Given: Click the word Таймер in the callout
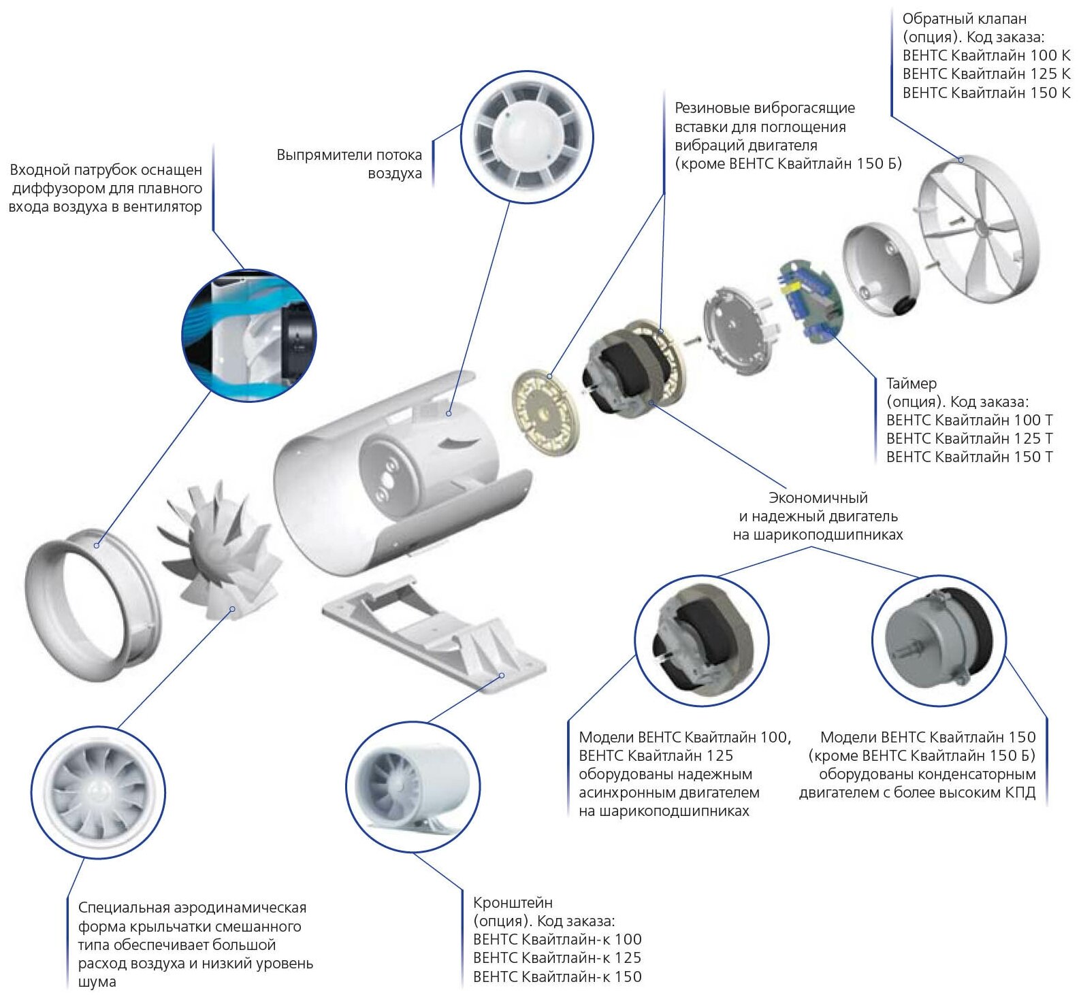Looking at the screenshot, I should point(911,383).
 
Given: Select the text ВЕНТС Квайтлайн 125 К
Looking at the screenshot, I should point(986,73).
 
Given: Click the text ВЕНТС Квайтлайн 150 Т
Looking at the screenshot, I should point(969,457).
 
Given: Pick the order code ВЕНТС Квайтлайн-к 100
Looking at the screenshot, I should point(557,939).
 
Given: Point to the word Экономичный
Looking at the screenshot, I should point(818,497).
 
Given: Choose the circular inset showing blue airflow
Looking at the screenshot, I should point(248,335).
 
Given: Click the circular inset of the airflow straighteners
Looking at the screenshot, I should point(527,137).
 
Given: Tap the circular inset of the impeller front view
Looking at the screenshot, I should point(98,791).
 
